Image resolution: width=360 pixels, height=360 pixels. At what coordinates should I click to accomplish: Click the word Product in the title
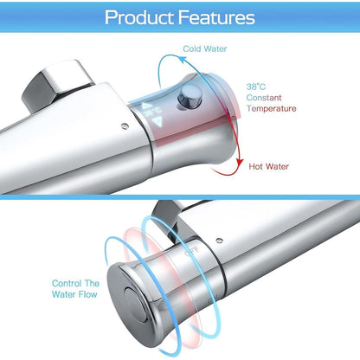pyautogui.click(x=139, y=17)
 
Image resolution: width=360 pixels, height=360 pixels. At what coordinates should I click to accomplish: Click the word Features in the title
pyautogui.click(x=216, y=17)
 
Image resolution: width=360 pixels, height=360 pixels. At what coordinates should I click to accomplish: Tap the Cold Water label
pyautogui.click(x=205, y=48)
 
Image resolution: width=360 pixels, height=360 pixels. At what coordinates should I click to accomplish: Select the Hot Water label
pyautogui.click(x=268, y=166)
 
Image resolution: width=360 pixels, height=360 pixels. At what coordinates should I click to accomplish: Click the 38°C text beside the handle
pyautogui.click(x=256, y=87)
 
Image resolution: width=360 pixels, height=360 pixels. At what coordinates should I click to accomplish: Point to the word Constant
pyautogui.click(x=264, y=98)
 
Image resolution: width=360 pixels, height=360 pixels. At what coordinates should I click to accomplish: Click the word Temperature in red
pyautogui.click(x=272, y=108)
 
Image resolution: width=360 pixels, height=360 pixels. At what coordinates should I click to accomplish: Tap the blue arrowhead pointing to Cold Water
pyautogui.click(x=183, y=60)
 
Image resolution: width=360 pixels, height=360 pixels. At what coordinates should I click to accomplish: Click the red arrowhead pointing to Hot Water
pyautogui.click(x=239, y=162)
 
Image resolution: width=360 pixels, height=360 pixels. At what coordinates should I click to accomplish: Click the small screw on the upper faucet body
pyautogui.click(x=125, y=125)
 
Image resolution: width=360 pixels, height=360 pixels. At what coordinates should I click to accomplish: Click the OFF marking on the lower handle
pyautogui.click(x=191, y=251)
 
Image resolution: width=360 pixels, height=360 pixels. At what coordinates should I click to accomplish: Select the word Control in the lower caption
pyautogui.click(x=67, y=283)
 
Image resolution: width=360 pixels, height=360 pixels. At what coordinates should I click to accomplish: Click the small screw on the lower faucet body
pyautogui.click(x=219, y=241)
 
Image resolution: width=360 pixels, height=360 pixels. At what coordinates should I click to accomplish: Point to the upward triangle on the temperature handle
pyautogui.click(x=147, y=106)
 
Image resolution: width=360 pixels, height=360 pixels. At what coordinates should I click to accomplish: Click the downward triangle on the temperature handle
pyautogui.click(x=157, y=121)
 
